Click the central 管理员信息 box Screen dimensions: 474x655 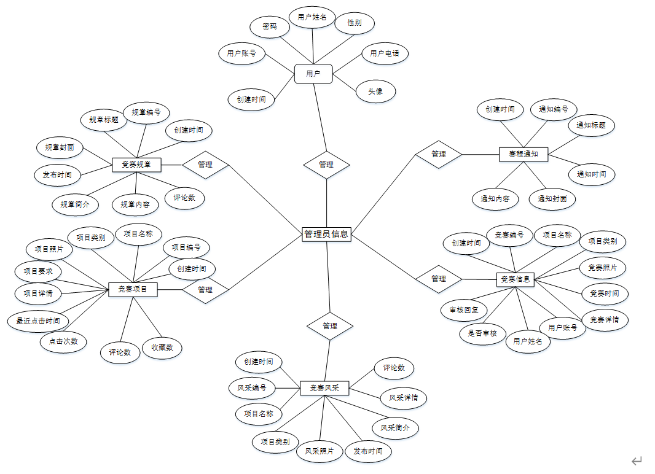point(326,234)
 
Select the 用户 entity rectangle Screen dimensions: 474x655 point(313,74)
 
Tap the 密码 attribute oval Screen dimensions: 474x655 point(269,27)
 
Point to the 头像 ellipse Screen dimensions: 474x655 point(375,91)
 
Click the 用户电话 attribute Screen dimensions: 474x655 point(385,53)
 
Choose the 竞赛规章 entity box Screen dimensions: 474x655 point(137,165)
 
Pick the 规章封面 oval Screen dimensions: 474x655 point(60,147)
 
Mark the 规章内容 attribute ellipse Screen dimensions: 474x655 point(135,204)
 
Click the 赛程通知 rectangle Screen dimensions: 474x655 point(524,154)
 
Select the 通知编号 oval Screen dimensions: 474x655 point(553,110)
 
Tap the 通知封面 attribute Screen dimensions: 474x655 point(552,199)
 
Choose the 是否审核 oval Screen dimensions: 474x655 point(482,333)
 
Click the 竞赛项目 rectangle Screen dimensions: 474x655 point(133,289)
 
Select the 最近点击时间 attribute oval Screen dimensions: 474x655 point(38,321)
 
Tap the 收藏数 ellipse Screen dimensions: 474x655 point(162,348)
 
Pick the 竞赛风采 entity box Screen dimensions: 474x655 point(324,388)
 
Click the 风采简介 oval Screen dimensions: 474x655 point(395,428)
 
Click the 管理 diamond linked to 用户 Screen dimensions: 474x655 point(326,165)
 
